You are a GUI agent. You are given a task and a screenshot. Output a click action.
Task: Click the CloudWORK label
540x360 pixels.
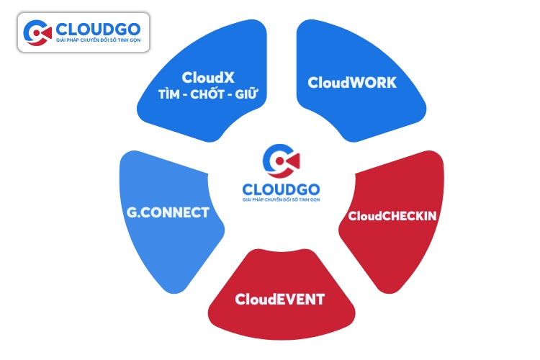click(x=352, y=83)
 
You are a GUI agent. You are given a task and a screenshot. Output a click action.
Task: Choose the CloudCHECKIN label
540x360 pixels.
click(x=392, y=215)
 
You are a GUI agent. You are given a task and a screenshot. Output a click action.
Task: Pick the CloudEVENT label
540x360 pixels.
click(x=280, y=298)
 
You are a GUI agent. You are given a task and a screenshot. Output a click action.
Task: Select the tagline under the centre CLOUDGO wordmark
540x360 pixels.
click(x=281, y=198)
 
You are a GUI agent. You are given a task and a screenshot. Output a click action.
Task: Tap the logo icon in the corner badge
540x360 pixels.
click(x=37, y=32)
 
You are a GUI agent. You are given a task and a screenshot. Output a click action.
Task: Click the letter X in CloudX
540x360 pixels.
click(x=239, y=76)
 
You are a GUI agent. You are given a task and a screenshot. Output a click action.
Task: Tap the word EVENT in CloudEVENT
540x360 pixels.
click(x=300, y=298)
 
